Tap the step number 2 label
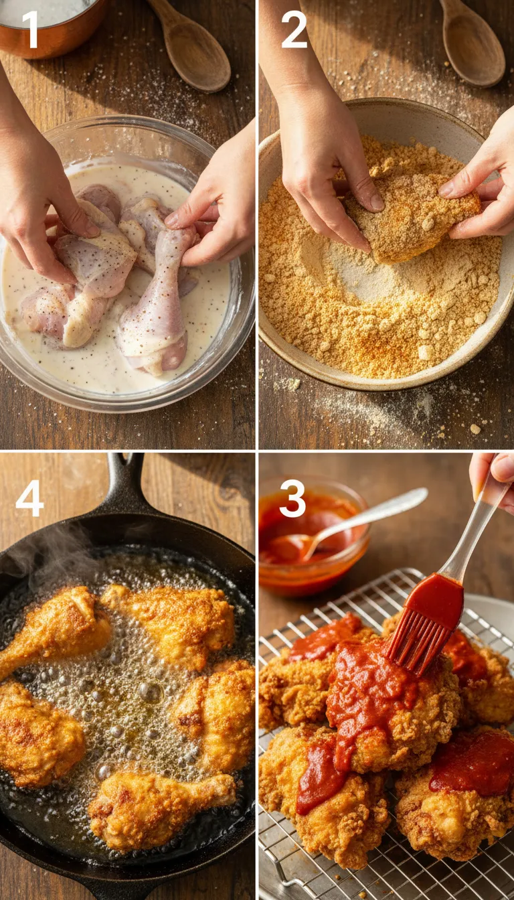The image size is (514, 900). click(294, 30)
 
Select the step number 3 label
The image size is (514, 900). click(292, 499)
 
